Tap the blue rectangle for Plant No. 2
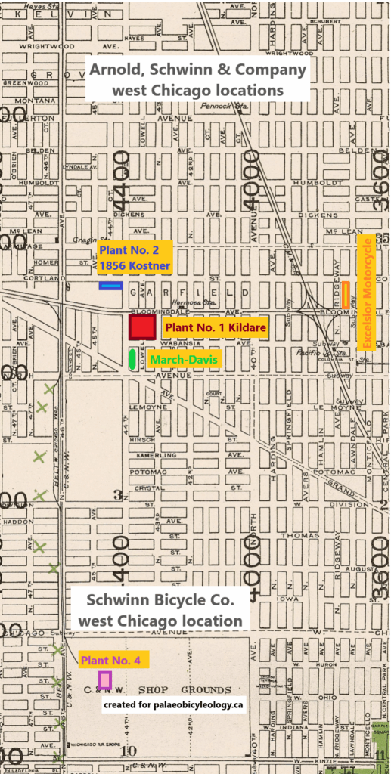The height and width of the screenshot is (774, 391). pyautogui.click(x=111, y=286)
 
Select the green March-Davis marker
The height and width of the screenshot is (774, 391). pyautogui.click(x=132, y=360)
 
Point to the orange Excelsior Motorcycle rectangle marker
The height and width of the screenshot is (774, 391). pyautogui.click(x=346, y=295)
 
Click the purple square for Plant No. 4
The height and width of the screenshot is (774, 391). pyautogui.click(x=104, y=681)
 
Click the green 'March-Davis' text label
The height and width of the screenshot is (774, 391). pyautogui.click(x=183, y=360)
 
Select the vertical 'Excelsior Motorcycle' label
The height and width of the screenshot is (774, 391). pyautogui.click(x=367, y=293)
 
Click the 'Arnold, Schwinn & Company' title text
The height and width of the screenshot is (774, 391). pyautogui.click(x=199, y=70)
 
